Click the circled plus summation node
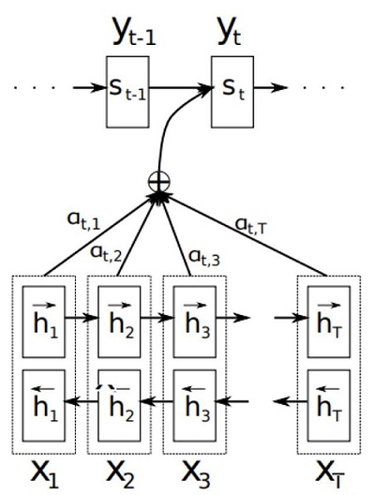[x=159, y=182]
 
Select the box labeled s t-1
[x=127, y=92]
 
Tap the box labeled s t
[x=232, y=92]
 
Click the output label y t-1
[x=134, y=32]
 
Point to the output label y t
[x=229, y=32]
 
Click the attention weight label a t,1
[x=83, y=220]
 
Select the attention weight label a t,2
[x=106, y=253]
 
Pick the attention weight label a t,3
[x=204, y=258]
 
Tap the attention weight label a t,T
[x=251, y=226]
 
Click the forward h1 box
[x=43, y=322]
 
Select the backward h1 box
[x=43, y=406]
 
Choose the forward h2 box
[x=119, y=322]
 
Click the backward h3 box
[x=194, y=406]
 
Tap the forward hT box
[x=329, y=322]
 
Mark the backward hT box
[x=329, y=406]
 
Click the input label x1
[x=44, y=474]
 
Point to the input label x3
[x=196, y=474]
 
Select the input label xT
[x=330, y=474]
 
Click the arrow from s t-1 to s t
[x=180, y=88]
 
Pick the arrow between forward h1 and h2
[x=82, y=317]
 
